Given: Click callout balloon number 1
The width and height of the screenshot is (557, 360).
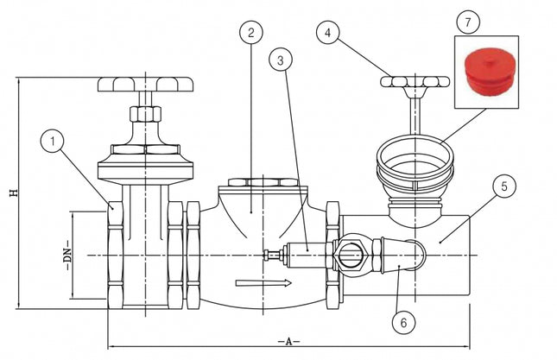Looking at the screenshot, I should pyautogui.click(x=54, y=139).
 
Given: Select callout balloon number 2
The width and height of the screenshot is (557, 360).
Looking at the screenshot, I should pyautogui.click(x=251, y=33).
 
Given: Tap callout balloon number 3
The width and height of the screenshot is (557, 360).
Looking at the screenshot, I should pyautogui.click(x=279, y=60).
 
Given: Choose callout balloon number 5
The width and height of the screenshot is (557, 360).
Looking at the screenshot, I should pyautogui.click(x=506, y=184).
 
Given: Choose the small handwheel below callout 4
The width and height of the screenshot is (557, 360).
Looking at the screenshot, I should pyautogui.click(x=415, y=82).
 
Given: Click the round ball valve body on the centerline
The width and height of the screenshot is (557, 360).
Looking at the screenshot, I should pyautogui.click(x=351, y=256).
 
